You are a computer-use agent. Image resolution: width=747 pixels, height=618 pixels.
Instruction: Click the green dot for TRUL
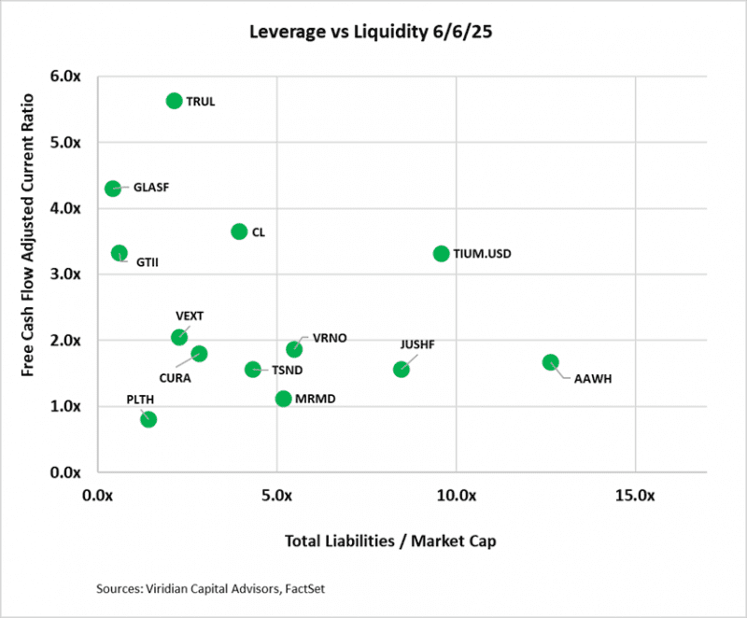(174, 101)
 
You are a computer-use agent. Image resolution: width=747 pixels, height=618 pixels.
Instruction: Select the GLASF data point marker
(113, 188)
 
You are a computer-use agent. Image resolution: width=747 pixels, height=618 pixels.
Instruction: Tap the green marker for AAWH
(551, 362)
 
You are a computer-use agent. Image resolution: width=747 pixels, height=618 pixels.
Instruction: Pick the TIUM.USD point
(442, 253)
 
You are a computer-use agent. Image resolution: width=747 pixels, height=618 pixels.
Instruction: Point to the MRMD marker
(284, 399)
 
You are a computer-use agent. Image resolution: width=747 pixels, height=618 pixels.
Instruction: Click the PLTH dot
(148, 419)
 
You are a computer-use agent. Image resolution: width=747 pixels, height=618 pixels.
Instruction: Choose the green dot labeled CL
(239, 232)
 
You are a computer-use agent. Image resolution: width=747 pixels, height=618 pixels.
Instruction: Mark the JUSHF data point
(402, 369)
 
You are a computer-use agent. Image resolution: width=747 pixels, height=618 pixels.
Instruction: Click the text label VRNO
(330, 338)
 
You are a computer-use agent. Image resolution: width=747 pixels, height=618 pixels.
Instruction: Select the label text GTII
(148, 262)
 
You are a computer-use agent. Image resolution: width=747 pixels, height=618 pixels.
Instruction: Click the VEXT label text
(190, 316)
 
